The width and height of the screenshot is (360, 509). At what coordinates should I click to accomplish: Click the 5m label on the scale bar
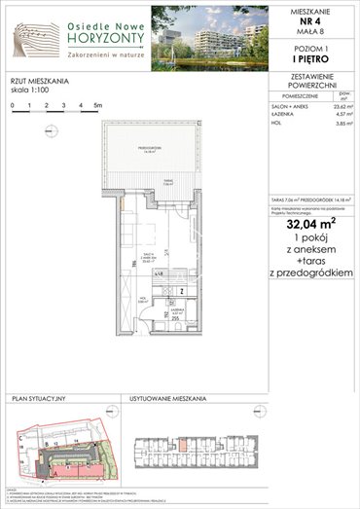tap(99, 102)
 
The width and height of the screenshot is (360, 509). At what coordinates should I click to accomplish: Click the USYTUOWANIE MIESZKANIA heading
tap(167, 399)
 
